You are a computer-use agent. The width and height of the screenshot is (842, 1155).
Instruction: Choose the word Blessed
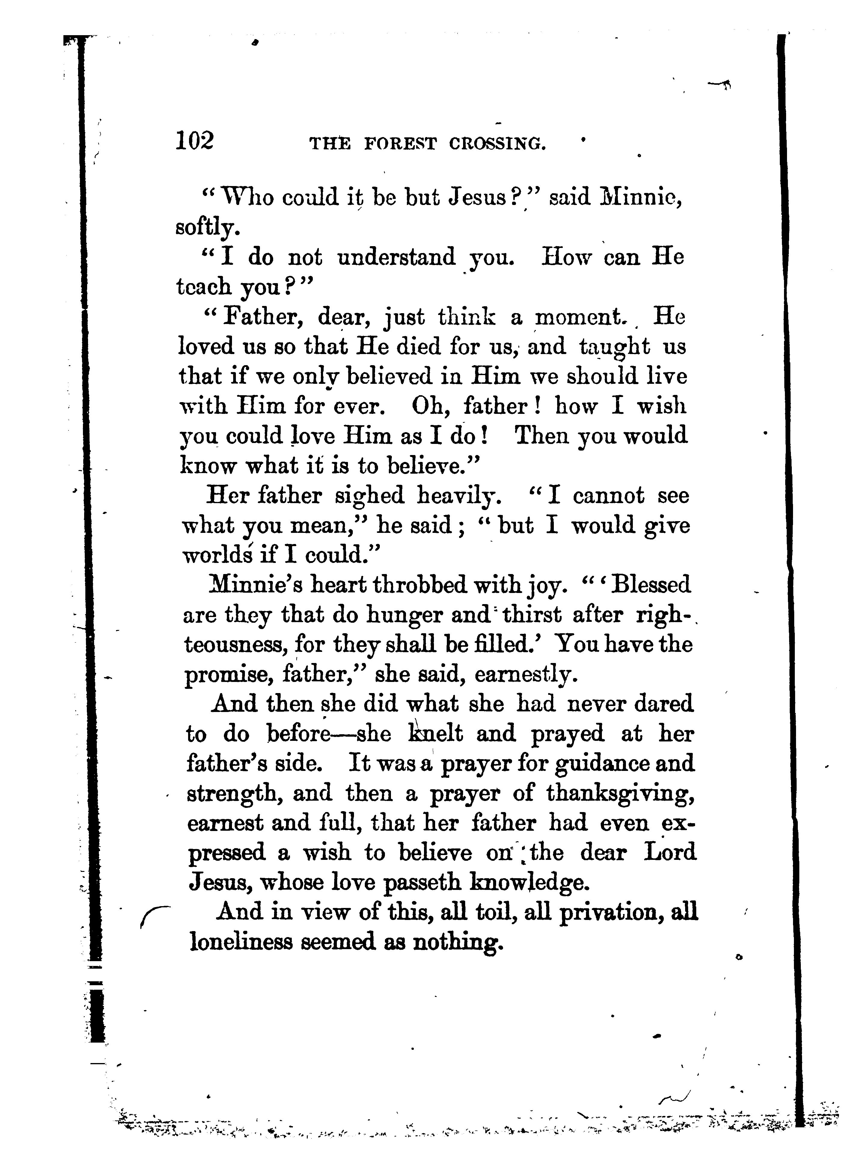pos(650,585)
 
